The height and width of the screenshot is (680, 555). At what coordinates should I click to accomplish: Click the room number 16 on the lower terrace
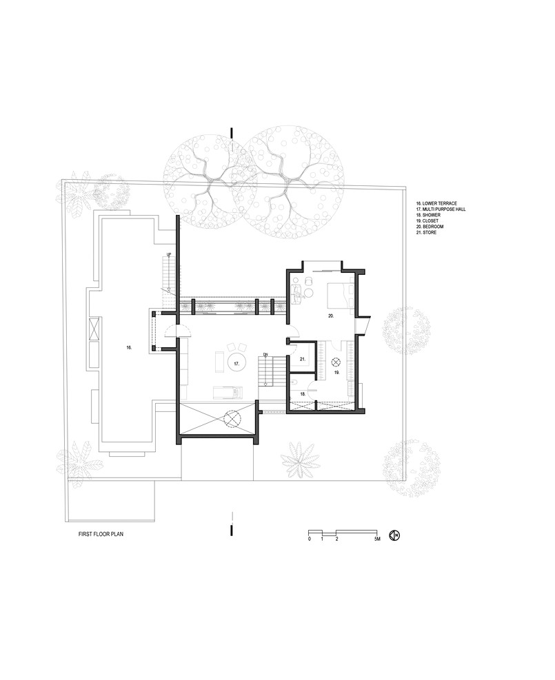(129, 347)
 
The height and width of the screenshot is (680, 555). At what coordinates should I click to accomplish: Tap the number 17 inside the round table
(236, 364)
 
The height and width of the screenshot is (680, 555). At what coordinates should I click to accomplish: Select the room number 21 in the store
(303, 359)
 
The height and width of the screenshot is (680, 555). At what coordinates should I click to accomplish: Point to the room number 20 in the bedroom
(331, 316)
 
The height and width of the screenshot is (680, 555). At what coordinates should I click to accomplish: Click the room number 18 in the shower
(303, 394)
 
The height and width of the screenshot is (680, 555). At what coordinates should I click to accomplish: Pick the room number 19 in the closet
(336, 372)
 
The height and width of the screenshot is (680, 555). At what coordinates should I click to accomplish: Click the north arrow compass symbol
(394, 535)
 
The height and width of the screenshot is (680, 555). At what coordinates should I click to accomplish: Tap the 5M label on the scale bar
(377, 539)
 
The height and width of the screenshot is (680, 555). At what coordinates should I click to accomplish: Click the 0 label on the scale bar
(309, 539)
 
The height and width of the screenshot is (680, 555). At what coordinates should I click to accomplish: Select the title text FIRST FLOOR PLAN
(101, 535)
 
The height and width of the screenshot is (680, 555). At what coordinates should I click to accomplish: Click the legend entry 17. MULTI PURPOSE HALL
(441, 209)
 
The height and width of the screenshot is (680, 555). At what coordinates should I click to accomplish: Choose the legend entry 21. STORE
(426, 232)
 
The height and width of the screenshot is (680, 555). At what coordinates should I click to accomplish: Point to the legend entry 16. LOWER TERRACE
(436, 203)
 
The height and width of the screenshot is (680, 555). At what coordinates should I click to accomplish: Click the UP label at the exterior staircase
(169, 254)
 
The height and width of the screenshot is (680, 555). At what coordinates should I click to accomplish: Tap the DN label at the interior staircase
(266, 355)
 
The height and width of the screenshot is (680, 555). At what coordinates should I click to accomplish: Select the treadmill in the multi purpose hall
(228, 393)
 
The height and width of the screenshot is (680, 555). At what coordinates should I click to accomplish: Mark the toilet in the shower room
(294, 382)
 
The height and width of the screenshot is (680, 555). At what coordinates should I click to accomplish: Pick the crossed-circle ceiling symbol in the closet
(336, 361)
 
